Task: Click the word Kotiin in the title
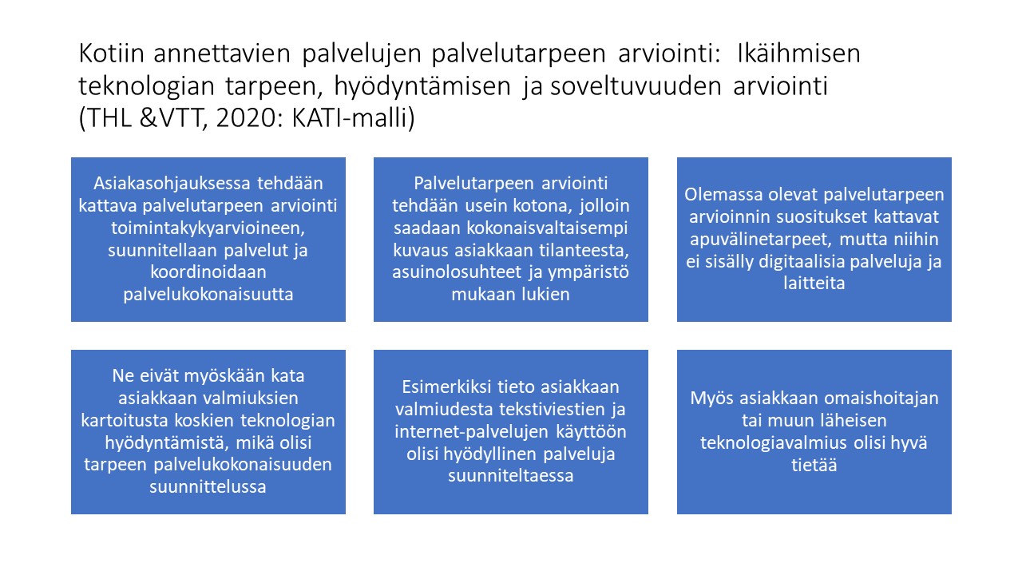coord(111,53)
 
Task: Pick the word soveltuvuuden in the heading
coord(636,85)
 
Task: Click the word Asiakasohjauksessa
coord(172,184)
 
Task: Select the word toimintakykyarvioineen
coord(208,228)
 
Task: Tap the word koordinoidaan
coord(208,272)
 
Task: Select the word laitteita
coord(814,284)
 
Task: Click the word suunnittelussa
coord(208,487)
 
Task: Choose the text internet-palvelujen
coord(471,432)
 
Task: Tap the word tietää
coord(814,465)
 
